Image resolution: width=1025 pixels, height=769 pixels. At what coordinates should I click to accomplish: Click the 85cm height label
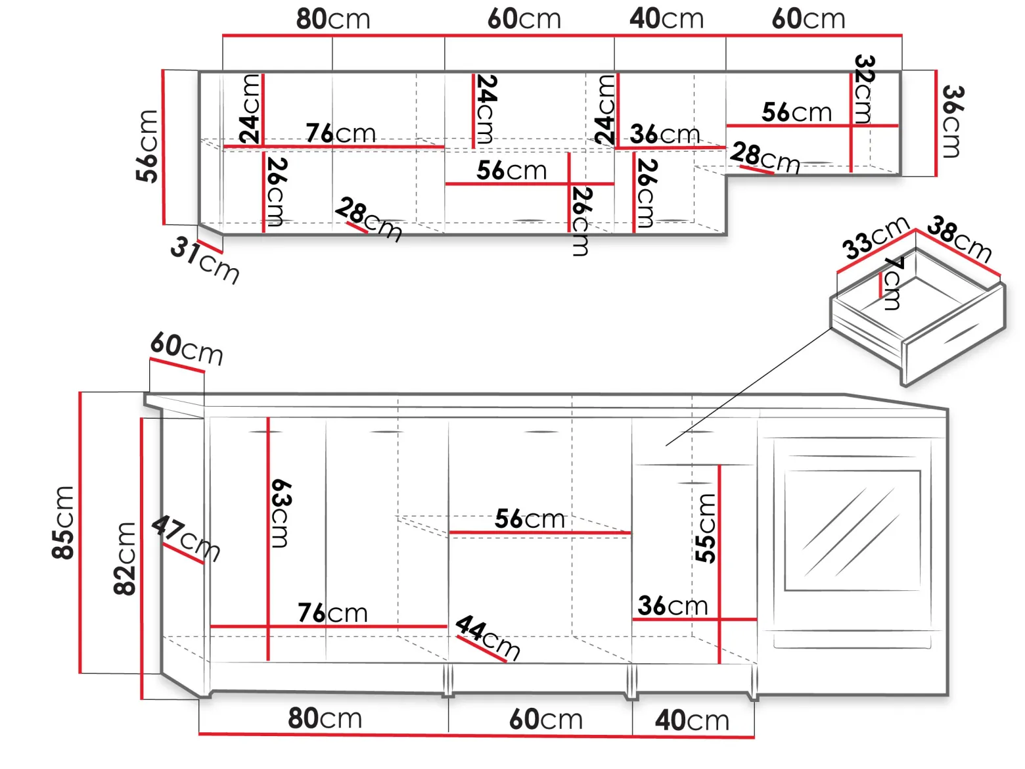point(62,523)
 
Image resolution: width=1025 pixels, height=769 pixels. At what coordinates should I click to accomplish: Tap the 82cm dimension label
point(124,559)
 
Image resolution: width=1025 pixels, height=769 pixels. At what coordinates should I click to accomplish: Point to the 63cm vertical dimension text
point(281,513)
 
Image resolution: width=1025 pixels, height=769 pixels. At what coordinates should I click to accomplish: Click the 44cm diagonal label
point(488,637)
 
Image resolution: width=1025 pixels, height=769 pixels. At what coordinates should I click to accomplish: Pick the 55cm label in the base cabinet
point(704,528)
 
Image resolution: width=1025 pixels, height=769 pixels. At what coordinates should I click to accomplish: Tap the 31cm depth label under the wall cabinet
point(205,260)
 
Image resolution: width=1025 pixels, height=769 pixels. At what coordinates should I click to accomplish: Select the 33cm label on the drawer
point(876,237)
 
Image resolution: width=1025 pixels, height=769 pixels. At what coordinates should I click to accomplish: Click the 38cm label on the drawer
point(960,239)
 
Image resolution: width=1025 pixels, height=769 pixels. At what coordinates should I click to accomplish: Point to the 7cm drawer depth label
point(894,283)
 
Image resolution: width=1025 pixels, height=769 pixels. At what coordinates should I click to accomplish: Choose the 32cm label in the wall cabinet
point(864,89)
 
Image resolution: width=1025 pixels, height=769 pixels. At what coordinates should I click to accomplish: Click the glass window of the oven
point(852,530)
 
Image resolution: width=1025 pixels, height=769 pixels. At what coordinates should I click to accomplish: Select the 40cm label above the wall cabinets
point(666,18)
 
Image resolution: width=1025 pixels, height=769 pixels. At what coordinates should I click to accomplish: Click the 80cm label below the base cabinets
point(325,718)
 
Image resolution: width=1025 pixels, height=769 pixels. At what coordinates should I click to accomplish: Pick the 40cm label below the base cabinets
point(692,720)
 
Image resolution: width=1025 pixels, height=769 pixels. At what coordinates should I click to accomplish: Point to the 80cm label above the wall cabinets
point(333,19)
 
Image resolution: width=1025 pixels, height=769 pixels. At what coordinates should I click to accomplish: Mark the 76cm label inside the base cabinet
point(332,613)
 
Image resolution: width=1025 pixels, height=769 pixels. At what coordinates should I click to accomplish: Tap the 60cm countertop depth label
point(187,348)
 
